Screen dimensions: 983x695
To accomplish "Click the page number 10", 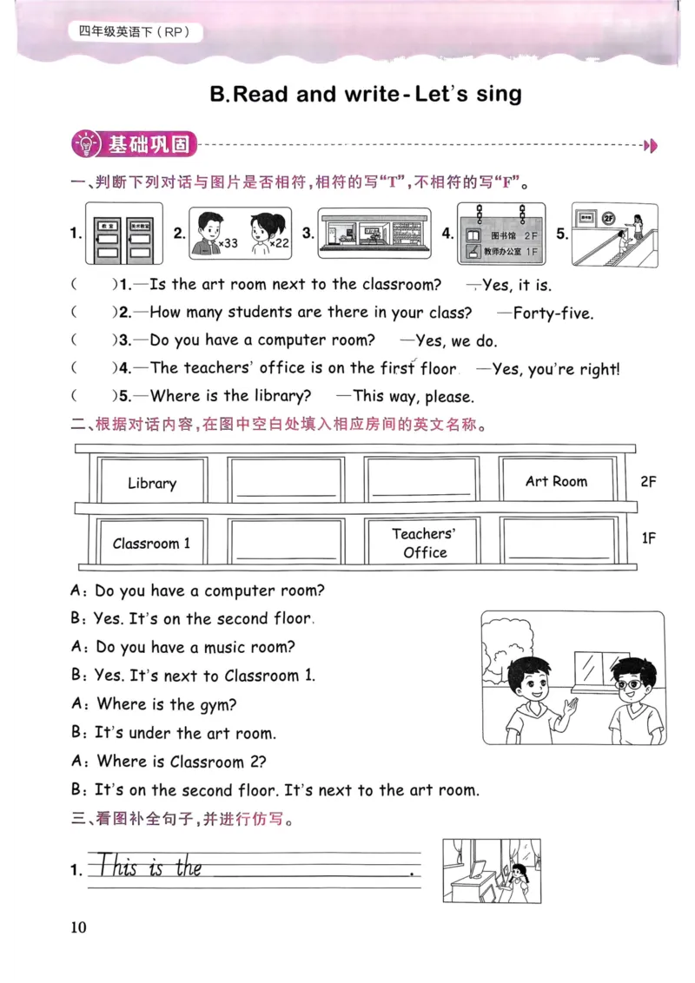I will tap(78, 927).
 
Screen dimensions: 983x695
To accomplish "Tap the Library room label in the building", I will tap(152, 483).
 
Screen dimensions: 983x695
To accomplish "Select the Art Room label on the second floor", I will tap(556, 481).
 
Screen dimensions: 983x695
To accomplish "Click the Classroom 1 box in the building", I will tap(151, 544).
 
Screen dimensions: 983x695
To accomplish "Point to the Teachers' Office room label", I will tap(424, 543).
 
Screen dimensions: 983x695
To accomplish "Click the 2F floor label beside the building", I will tap(648, 481).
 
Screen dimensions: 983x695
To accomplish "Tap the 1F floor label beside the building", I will tap(648, 538).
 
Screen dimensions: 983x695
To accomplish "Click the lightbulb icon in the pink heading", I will tap(88, 144).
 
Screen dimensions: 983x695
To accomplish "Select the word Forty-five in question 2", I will tap(553, 313).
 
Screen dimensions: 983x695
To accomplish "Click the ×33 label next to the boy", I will tap(228, 244).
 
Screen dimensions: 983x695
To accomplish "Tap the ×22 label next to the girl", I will tap(279, 244).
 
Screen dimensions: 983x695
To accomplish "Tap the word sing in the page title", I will tap(499, 94).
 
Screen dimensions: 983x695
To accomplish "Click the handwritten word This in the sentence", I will tap(117, 867).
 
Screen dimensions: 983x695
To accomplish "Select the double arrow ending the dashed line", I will tap(650, 145).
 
